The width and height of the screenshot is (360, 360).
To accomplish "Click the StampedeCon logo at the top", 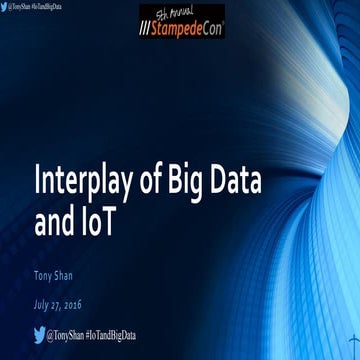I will coord(182,22).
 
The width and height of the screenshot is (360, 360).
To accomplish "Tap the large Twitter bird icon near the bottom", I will coord(40,334).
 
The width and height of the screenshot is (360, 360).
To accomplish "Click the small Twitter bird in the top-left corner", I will coord(4,6).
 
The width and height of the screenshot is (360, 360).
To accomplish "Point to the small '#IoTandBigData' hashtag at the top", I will coord(60,6).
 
